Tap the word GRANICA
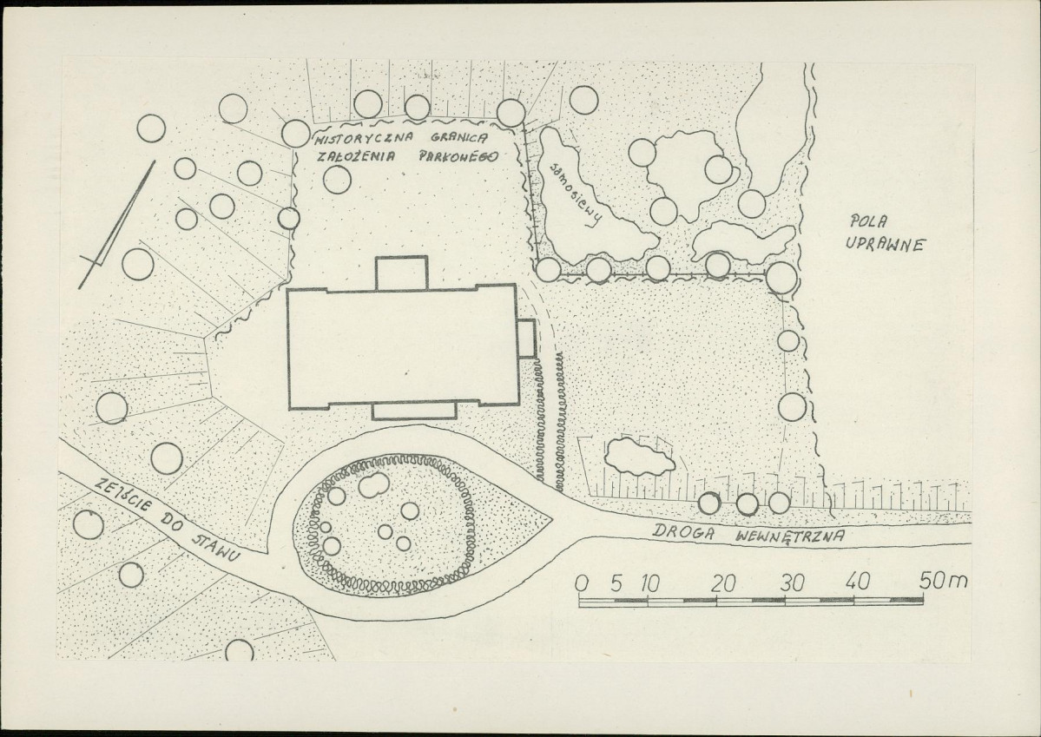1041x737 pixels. click(x=458, y=138)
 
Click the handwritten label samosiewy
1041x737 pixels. click(x=577, y=193)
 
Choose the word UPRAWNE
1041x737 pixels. click(x=886, y=244)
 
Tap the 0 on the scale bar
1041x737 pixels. click(x=582, y=583)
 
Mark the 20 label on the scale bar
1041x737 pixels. click(x=723, y=583)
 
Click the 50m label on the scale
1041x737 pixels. click(x=944, y=581)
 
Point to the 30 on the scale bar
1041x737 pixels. click(x=792, y=583)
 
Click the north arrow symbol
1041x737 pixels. click(x=117, y=225)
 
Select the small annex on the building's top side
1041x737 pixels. click(x=402, y=273)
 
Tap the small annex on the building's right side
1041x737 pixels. click(x=526, y=339)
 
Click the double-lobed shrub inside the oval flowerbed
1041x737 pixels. click(x=374, y=484)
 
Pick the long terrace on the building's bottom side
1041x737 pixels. click(x=414, y=411)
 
